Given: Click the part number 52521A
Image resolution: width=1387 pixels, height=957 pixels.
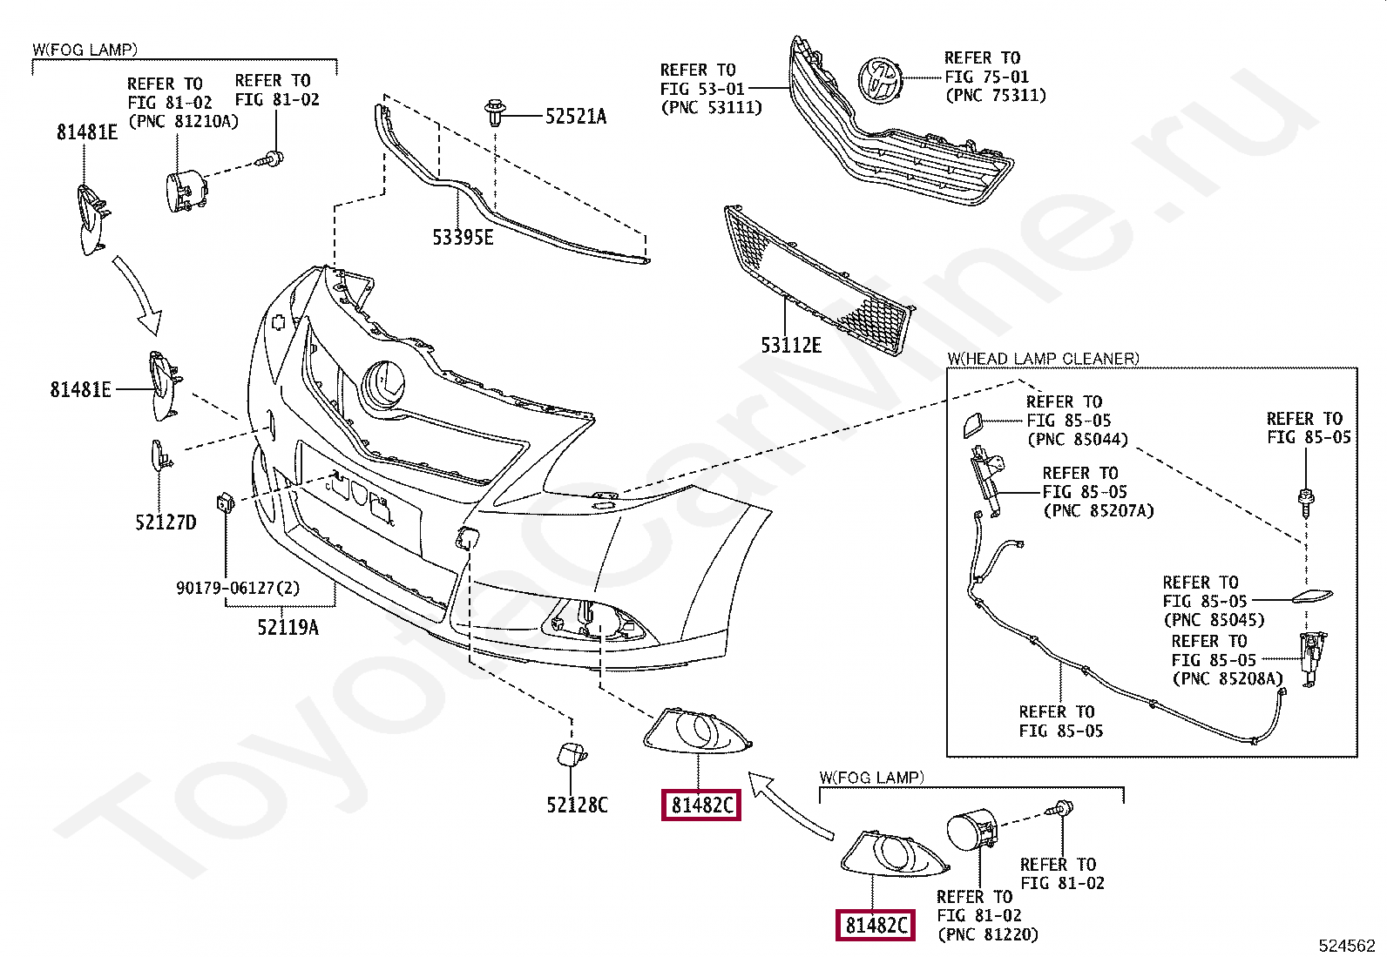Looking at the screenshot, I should (575, 117).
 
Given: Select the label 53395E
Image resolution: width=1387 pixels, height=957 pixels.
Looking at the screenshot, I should (463, 237).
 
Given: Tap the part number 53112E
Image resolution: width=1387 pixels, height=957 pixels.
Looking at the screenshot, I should (790, 346).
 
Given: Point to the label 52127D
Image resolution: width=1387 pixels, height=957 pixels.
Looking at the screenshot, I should (166, 522).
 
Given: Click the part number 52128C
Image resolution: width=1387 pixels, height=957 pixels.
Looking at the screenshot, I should (577, 805).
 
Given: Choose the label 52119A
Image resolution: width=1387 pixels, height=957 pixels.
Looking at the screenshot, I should (288, 628).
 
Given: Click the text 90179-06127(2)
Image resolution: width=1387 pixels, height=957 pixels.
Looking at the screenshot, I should (238, 589).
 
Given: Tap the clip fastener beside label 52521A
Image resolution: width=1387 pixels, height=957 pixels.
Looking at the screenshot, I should (496, 114).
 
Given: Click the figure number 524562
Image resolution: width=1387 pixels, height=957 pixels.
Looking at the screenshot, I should (1346, 946).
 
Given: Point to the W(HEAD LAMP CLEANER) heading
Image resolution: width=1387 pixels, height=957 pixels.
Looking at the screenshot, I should (1043, 359).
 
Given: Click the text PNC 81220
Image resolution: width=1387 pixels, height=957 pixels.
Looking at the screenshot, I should (988, 934).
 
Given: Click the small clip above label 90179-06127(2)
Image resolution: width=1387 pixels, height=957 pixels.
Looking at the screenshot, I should (224, 502).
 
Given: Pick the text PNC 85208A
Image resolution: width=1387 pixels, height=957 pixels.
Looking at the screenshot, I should (1228, 678).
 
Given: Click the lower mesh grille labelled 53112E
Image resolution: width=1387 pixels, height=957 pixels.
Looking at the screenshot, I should (819, 279).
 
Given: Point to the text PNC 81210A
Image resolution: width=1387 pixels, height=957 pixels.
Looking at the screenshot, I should (183, 121).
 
